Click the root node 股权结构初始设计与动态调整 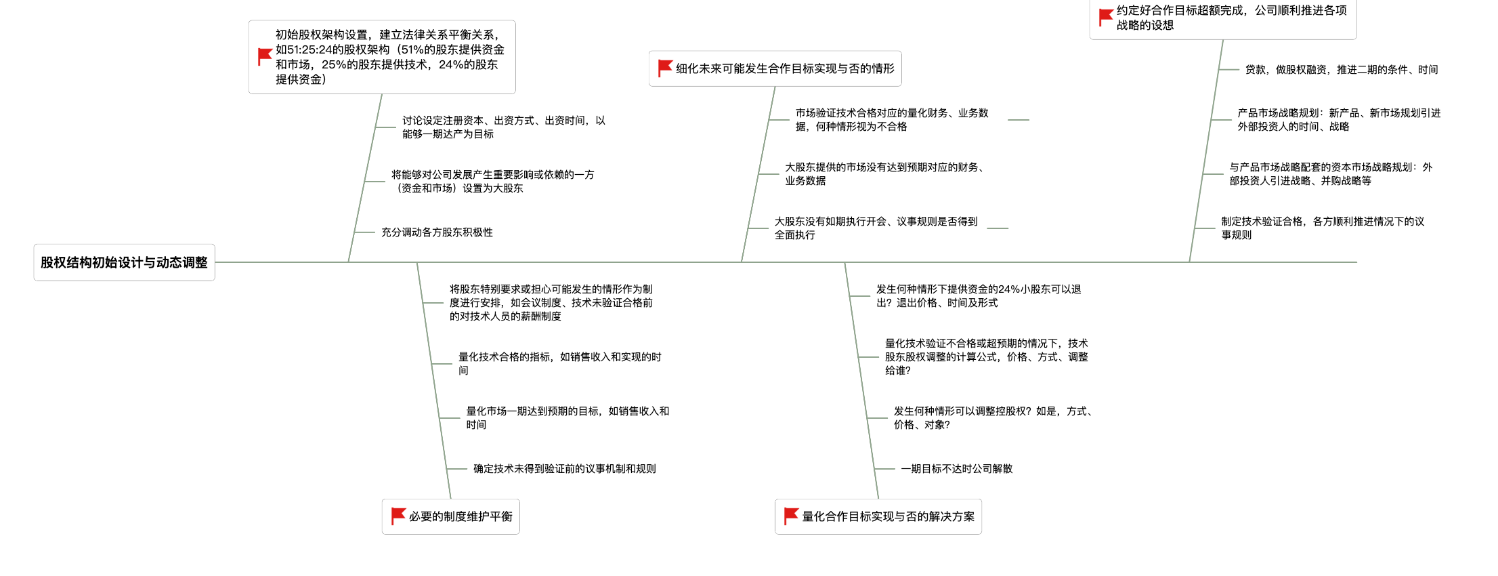[x=124, y=262]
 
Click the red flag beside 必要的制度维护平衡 [x=398, y=516]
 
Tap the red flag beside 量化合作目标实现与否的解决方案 [x=791, y=516]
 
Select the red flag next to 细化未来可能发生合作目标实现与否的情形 [x=665, y=68]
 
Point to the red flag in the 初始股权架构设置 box [x=265, y=57]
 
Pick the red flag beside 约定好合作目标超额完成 [x=1106, y=18]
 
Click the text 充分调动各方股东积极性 [x=437, y=232]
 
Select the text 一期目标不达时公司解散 [x=956, y=469]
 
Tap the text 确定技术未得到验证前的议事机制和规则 [x=565, y=469]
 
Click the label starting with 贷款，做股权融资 [x=1342, y=70]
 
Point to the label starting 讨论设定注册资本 [x=504, y=127]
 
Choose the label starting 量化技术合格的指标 [x=560, y=364]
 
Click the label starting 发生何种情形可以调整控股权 [x=993, y=418]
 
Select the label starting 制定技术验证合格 [x=1323, y=228]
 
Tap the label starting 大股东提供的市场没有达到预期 [x=884, y=174]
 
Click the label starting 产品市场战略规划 [x=1339, y=120]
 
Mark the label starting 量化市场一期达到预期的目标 [x=568, y=418]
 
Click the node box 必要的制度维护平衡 [x=451, y=516]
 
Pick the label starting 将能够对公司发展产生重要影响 [x=492, y=182]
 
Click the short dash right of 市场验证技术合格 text [x=1019, y=120]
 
